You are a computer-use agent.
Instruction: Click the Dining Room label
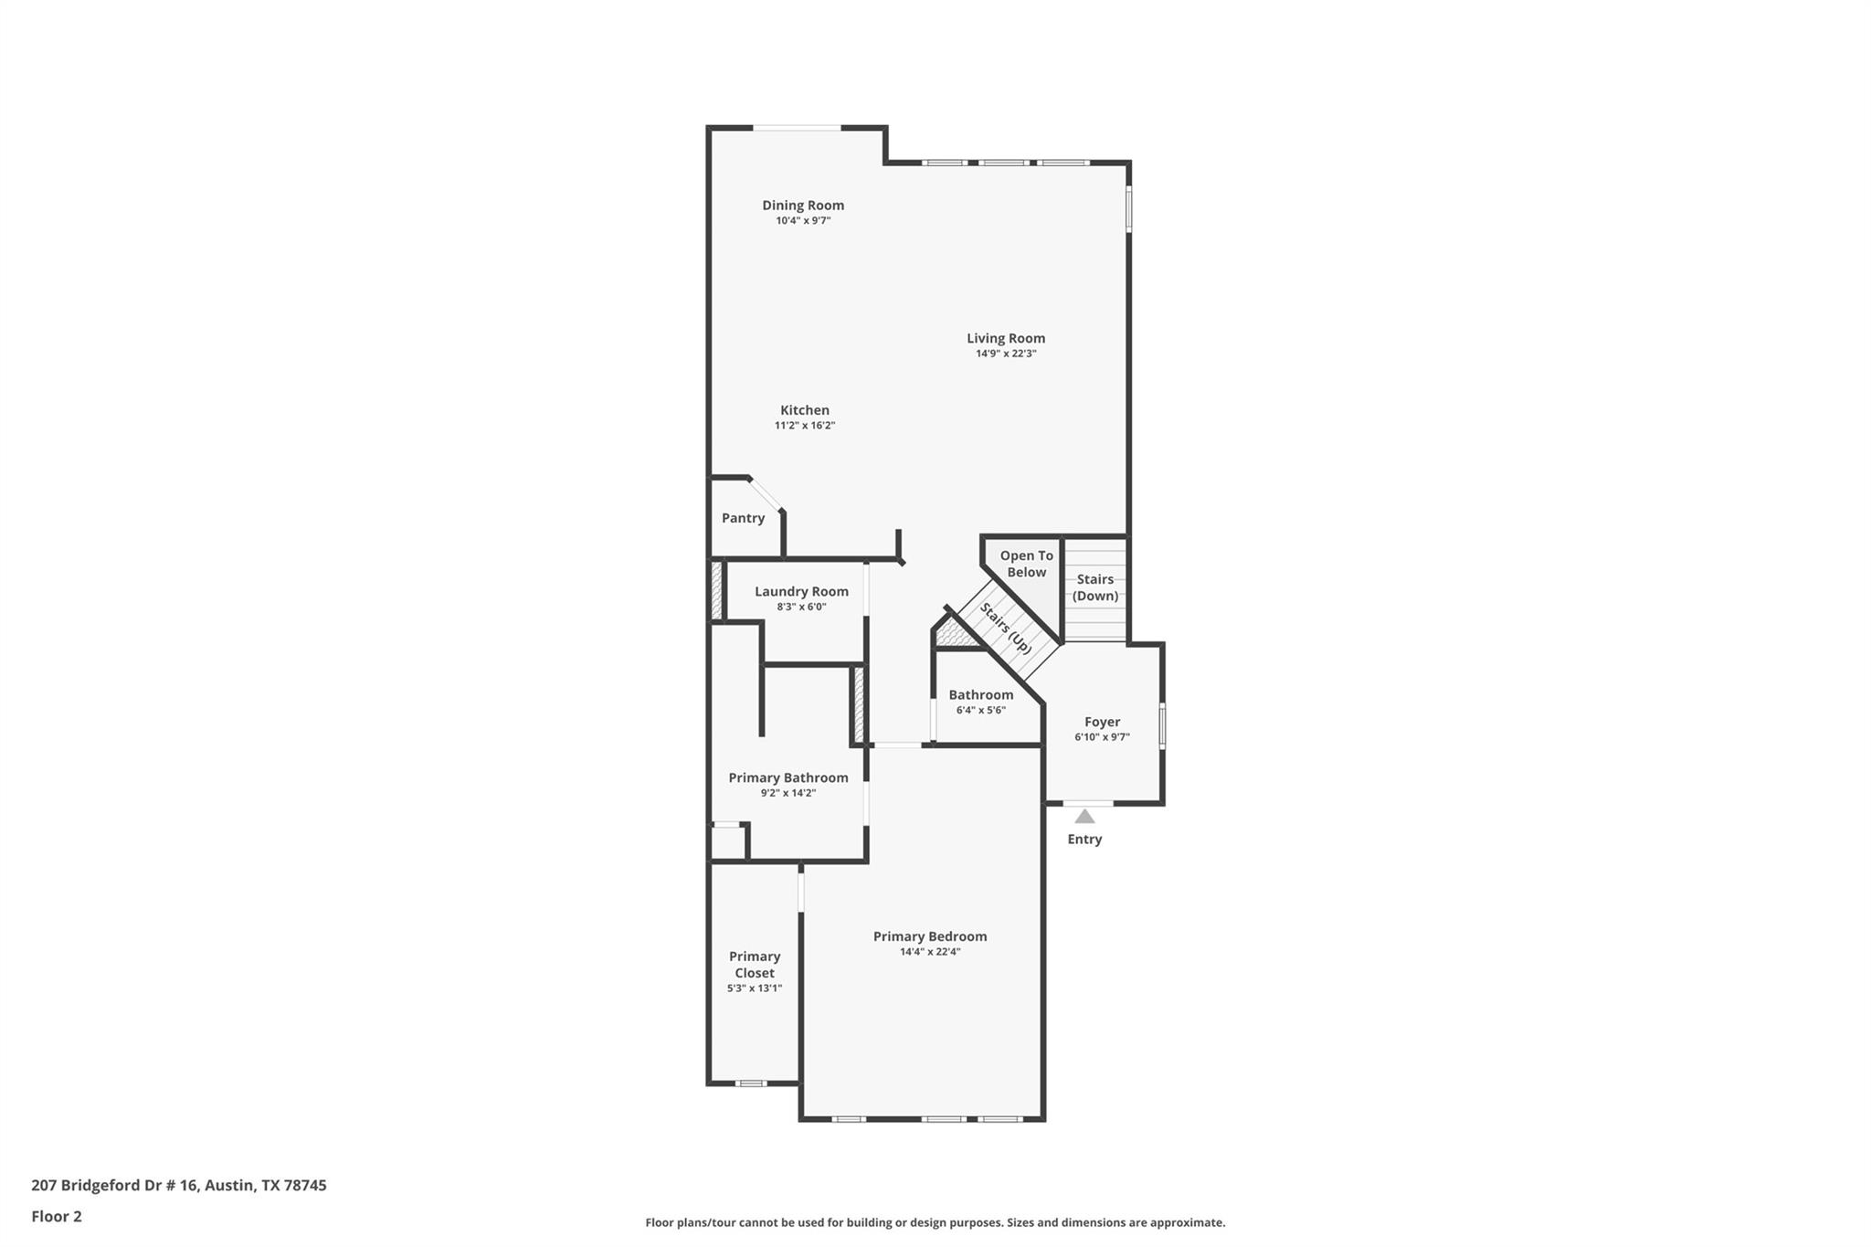pyautogui.click(x=803, y=206)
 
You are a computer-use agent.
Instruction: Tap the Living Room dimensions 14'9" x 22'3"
pyautogui.click(x=1006, y=354)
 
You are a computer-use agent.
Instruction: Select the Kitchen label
pyautogui.click(x=805, y=410)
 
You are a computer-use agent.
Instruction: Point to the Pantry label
pyautogui.click(x=743, y=518)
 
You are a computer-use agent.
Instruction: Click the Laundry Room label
pyautogui.click(x=801, y=591)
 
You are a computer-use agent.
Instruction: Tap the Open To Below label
pyautogui.click(x=1026, y=564)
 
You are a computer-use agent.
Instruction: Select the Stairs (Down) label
pyautogui.click(x=1094, y=587)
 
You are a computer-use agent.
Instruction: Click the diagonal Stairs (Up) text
pyautogui.click(x=1006, y=628)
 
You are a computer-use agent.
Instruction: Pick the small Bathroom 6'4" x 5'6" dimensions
pyautogui.click(x=980, y=710)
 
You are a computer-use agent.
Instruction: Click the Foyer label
pyautogui.click(x=1102, y=722)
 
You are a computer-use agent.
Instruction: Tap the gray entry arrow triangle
pyautogui.click(x=1084, y=816)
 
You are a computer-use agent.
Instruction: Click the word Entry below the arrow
pyautogui.click(x=1084, y=839)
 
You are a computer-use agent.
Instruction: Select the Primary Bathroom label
pyautogui.click(x=788, y=777)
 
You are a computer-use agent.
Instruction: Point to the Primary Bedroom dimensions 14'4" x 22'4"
pyautogui.click(x=930, y=951)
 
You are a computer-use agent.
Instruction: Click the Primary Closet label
pyautogui.click(x=755, y=965)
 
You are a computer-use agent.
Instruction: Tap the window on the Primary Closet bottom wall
pyautogui.click(x=751, y=1083)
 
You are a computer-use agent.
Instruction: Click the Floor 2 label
pyautogui.click(x=57, y=1216)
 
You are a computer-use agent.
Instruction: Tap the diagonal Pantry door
pyautogui.click(x=766, y=494)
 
